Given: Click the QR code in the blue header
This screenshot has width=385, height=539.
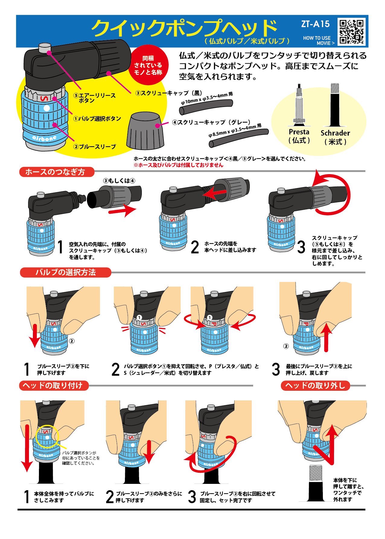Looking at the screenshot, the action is tap(352, 32).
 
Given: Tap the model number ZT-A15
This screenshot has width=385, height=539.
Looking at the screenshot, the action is tap(315, 24).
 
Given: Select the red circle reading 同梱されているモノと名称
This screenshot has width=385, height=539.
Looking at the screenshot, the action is tap(148, 65).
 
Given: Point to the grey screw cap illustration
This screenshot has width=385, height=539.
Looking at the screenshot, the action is tap(145, 130).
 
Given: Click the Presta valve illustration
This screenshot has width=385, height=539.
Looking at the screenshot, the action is tap(299, 105).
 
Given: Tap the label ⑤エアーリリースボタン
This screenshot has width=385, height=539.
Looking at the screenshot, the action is tap(94, 98).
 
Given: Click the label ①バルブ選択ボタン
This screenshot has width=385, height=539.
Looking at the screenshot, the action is tap(97, 119).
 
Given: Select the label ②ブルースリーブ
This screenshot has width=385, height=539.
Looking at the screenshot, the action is tap(95, 147).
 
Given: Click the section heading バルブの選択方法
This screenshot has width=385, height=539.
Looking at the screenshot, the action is tap(65, 272).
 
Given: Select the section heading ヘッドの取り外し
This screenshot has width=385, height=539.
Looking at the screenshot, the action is tap(315, 386).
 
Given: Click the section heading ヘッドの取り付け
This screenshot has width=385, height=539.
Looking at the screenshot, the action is tap(54, 386).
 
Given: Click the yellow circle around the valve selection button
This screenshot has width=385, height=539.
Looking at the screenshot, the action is tap(47, 436).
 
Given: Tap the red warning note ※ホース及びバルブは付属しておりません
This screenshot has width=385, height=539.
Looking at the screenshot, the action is tap(178, 165).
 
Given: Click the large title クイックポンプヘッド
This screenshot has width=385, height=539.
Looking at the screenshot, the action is tap(184, 28).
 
